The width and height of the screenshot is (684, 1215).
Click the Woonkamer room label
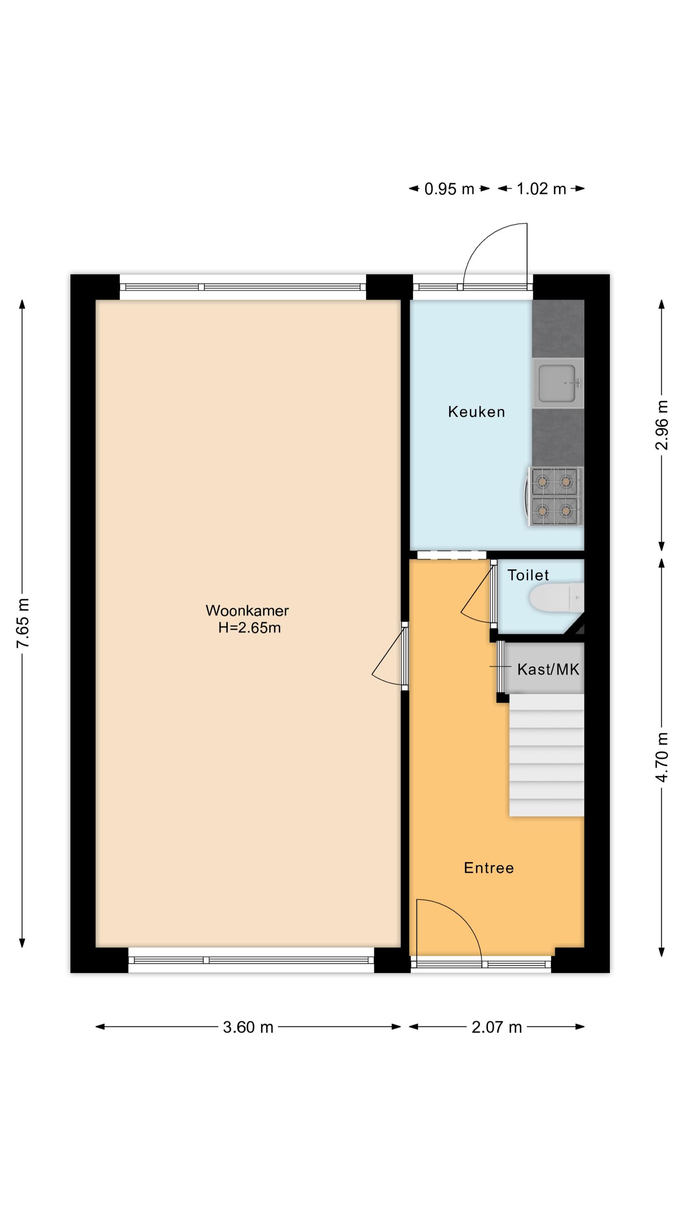[247, 611]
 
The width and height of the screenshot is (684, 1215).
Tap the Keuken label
[476, 412]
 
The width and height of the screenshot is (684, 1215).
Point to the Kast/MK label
[548, 669]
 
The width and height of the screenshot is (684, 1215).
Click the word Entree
[489, 868]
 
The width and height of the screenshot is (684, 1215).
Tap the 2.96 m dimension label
[662, 425]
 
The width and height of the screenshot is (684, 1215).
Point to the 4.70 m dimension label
[662, 757]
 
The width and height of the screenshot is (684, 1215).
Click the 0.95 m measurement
[449, 189]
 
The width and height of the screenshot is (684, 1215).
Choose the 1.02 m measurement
[541, 189]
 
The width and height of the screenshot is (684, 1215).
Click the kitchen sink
[558, 383]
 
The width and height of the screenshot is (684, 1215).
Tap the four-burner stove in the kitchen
[555, 496]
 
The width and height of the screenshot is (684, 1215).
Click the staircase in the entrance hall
[546, 755]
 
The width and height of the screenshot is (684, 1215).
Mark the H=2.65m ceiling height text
[249, 628]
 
